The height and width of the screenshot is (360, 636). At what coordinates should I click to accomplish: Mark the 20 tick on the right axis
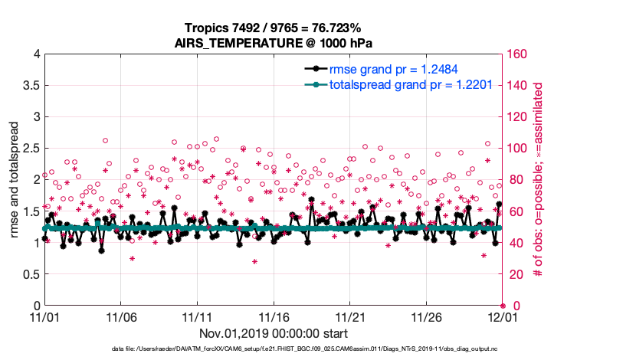[513, 273]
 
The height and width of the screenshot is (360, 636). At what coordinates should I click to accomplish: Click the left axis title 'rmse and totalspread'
[15, 179]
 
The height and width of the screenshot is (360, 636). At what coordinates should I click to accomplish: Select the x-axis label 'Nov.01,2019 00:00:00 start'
[274, 333]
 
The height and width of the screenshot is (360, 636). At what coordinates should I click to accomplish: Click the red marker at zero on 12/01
[502, 305]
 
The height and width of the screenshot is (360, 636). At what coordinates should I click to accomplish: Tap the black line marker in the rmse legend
[310, 69]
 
